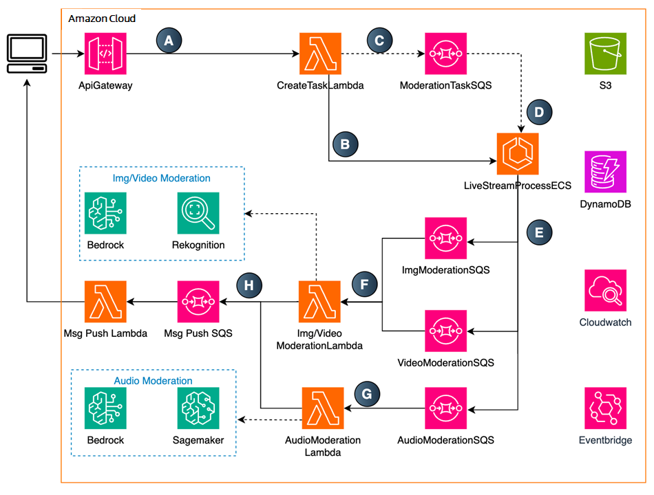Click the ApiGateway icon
[105, 54]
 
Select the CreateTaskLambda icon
[320, 54]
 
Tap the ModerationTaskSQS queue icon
[446, 54]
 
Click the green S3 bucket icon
[605, 54]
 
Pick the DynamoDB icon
[605, 172]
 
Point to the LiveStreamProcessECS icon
[518, 154]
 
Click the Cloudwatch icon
[605, 290]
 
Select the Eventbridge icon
[605, 408]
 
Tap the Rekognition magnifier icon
[198, 213]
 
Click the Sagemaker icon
[198, 408]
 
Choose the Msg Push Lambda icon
[105, 302]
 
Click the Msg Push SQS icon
[198, 302]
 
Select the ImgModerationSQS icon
[446, 239]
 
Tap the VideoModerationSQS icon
[446, 331]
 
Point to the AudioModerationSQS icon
[446, 408]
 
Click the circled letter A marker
[169, 41]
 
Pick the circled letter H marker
[249, 285]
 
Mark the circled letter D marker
[539, 112]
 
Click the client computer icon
[27, 54]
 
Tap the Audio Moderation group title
[153, 380]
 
